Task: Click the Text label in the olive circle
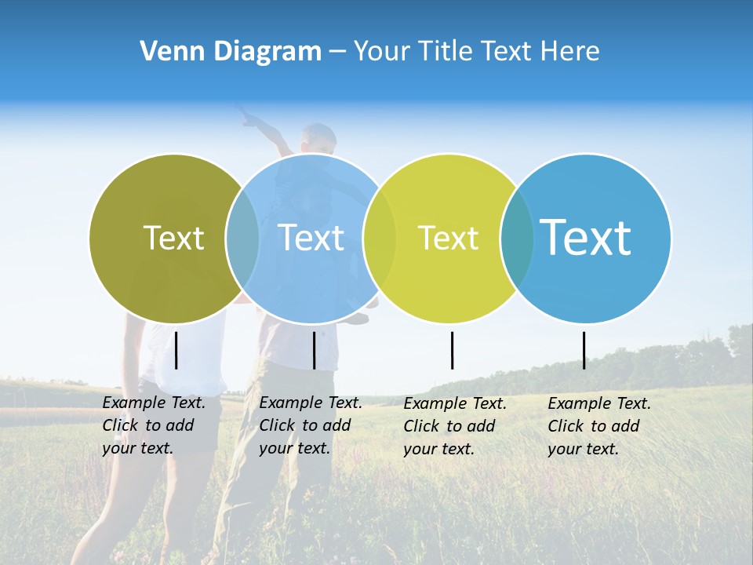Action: pos(173,238)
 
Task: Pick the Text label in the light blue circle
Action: pos(311,238)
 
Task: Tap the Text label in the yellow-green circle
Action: pos(448,238)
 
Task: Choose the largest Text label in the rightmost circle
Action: pos(586,238)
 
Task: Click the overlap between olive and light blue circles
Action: pos(242,238)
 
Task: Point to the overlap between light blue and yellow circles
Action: pos(380,238)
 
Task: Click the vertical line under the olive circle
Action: pos(176,350)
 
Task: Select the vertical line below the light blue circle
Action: pos(314,350)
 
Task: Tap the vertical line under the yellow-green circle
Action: pos(452,350)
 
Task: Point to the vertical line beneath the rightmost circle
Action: pos(584,350)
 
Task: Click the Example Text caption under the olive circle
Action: pos(154,425)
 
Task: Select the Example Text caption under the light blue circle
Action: pos(311,425)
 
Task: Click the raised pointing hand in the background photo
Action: pos(249,118)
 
